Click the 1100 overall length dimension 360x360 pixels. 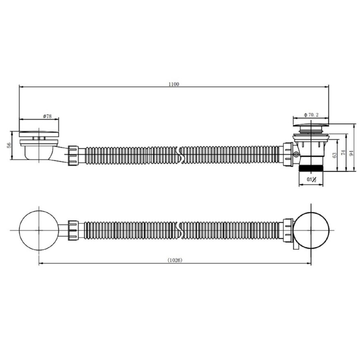click(x=174, y=84)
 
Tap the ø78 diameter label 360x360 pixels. click(x=47, y=116)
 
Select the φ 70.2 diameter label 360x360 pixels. click(x=311, y=115)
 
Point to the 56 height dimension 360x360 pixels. click(x=9, y=145)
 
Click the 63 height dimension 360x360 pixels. click(x=334, y=155)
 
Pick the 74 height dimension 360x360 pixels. click(x=343, y=153)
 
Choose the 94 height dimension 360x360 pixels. click(x=351, y=153)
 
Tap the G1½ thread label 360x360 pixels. click(x=312, y=180)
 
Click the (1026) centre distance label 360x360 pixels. click(x=175, y=260)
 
